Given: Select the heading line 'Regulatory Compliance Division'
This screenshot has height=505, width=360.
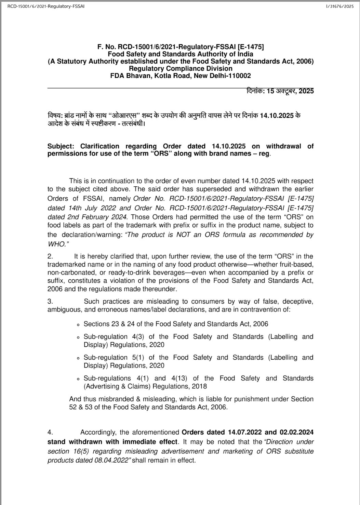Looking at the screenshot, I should click(181, 69).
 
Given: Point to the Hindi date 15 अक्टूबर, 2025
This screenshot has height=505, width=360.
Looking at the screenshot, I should click(290, 91).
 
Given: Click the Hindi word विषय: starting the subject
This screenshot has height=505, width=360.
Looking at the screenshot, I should click(55, 116).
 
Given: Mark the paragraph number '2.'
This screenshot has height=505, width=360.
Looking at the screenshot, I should click(50, 256).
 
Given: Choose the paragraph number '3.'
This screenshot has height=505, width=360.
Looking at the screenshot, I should click(50, 302).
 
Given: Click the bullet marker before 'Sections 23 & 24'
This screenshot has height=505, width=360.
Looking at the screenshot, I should click(78, 324).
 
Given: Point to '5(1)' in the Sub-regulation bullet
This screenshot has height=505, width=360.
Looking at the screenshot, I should click(139, 357).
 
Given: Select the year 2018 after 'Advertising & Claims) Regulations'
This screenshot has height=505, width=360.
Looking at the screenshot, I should click(199, 386).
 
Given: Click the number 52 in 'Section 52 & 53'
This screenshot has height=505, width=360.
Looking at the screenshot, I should click(73, 407).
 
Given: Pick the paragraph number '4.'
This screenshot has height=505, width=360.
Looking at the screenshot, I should click(50, 432).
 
